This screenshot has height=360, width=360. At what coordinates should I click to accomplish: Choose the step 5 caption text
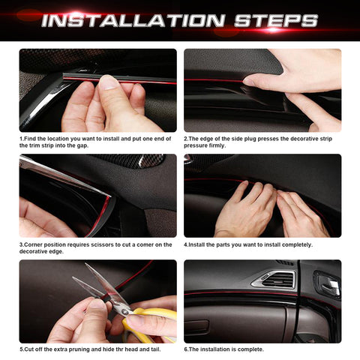pyautogui.click(x=96, y=349)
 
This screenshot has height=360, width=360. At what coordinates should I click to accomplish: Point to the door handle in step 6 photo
pyautogui.click(x=328, y=284)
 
